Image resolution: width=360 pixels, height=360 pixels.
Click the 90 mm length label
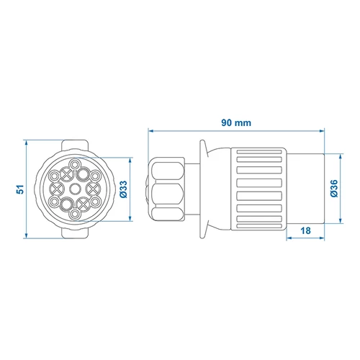click(x=236, y=123)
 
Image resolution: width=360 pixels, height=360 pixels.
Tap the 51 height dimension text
click(x=20, y=189)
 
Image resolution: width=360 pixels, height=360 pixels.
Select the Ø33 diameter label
click(x=124, y=189)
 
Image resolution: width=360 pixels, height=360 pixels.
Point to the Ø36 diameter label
click(x=334, y=189)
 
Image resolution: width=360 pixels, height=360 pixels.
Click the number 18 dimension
click(x=305, y=230)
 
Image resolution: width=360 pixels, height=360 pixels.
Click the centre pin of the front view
click(x=75, y=189)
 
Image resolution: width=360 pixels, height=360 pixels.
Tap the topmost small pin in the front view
click(x=75, y=165)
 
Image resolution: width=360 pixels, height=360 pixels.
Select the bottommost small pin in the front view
click(x=75, y=213)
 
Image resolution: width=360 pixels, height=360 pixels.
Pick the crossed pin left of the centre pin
click(x=57, y=189)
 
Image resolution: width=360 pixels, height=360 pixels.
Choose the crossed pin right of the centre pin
click(x=93, y=189)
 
